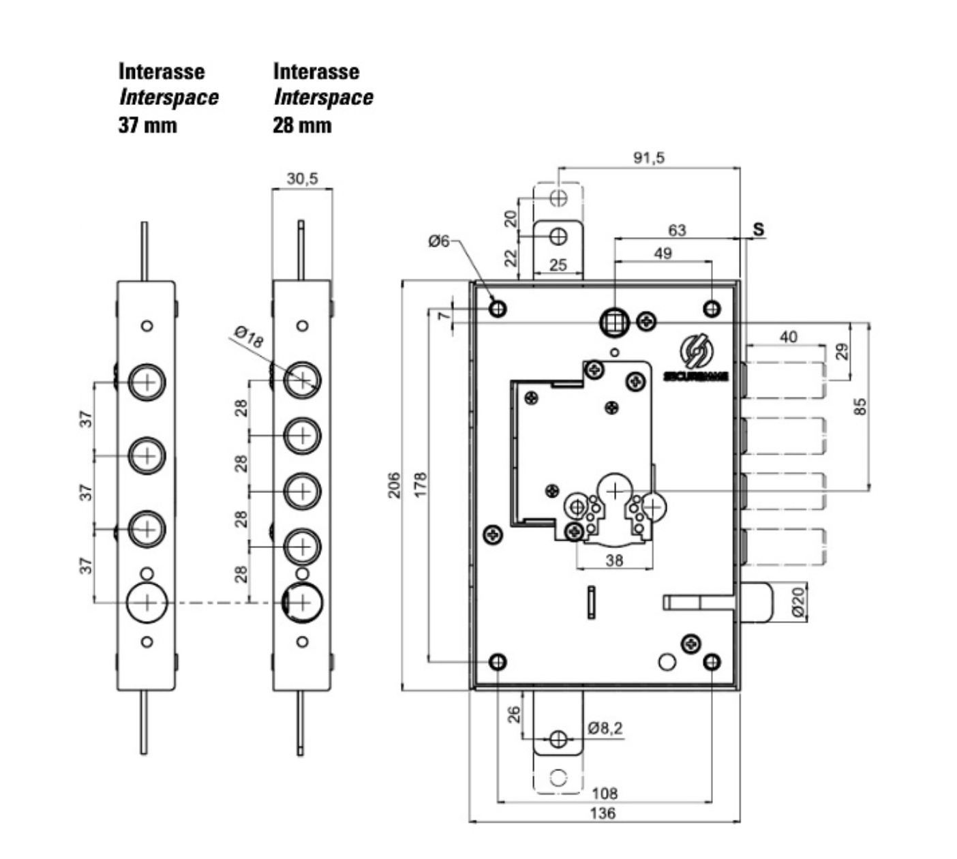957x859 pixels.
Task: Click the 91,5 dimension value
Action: click(648, 158)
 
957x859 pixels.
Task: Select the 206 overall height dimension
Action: click(394, 485)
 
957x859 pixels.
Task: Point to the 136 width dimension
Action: click(603, 813)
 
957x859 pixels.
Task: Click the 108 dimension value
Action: click(605, 793)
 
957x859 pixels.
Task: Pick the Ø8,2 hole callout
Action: click(605, 729)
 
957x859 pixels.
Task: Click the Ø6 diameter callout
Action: click(439, 241)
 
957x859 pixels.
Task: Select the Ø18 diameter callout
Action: click(248, 337)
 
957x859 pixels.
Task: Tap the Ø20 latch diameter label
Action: click(798, 602)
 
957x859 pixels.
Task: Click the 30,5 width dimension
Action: click(301, 179)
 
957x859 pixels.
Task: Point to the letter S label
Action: click(759, 230)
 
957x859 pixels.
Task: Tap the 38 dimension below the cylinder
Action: click(614, 560)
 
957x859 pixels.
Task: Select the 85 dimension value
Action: click(860, 406)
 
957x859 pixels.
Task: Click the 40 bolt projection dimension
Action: click(788, 336)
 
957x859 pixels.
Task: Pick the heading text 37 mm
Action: click(147, 125)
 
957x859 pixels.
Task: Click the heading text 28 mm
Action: click(302, 125)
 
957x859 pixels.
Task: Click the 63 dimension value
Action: click(676, 230)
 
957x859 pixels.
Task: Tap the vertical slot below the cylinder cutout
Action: click(592, 603)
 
